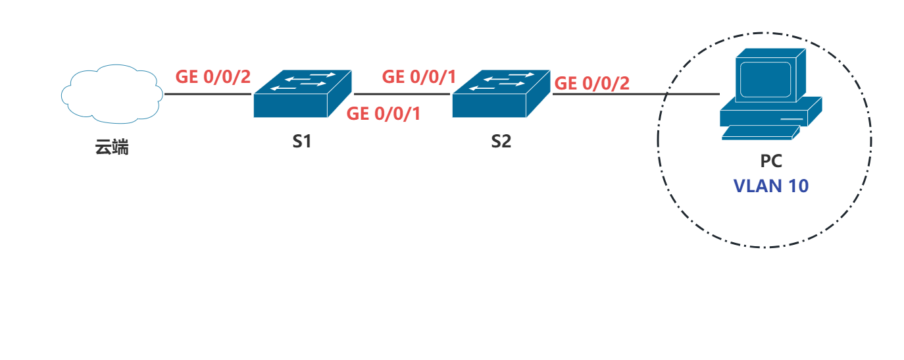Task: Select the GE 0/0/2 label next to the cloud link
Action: coord(213,77)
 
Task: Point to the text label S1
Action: coord(302,141)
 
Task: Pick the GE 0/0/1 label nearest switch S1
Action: coord(383,114)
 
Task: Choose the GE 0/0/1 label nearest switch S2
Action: coord(419,77)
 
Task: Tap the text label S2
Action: coord(501,141)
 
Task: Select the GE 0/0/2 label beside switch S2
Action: coord(591,84)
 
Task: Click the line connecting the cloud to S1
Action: coord(207,94)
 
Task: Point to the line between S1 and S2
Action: coord(403,94)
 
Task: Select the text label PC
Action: coord(771,161)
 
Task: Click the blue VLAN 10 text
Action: coord(771,186)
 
